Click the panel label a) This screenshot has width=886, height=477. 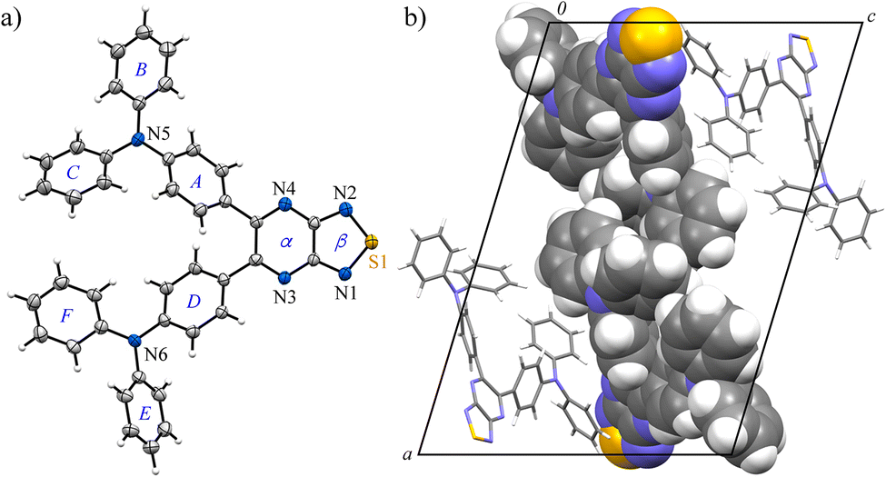point(16,17)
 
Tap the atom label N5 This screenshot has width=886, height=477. point(160,141)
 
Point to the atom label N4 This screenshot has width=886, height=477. point(284,190)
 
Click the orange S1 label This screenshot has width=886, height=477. point(378,263)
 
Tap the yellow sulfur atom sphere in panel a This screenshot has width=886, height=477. point(371,243)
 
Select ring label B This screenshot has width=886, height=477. point(141,69)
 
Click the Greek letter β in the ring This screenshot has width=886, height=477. point(339,243)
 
